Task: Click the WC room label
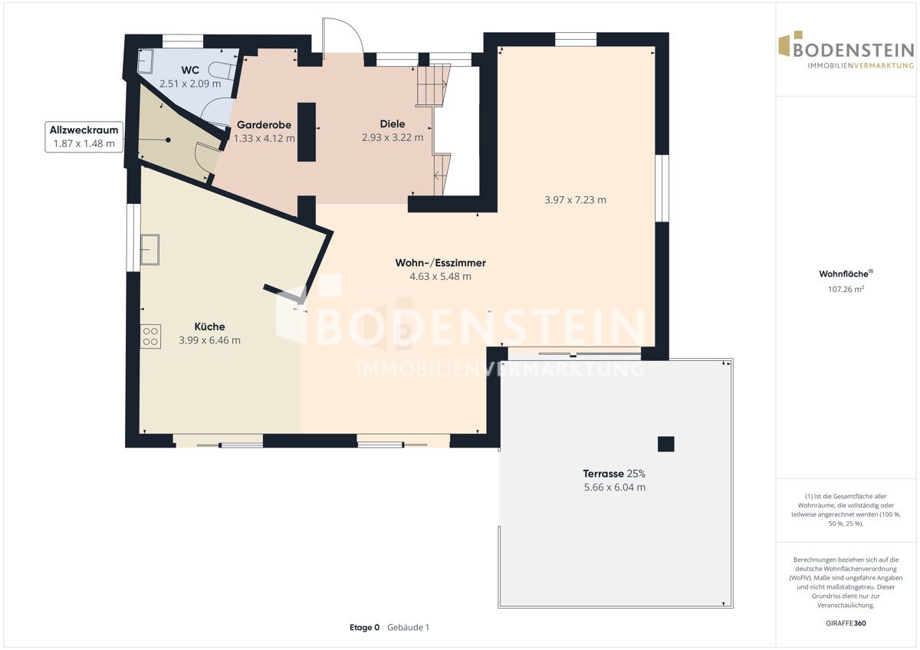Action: click(190, 71)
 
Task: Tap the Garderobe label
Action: click(264, 124)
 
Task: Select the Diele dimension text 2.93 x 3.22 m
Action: click(393, 137)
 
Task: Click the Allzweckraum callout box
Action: click(84, 136)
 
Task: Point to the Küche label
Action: click(209, 327)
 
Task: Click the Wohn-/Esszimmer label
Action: click(440, 263)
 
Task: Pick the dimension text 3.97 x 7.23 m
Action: click(575, 200)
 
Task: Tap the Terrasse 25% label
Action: click(614, 474)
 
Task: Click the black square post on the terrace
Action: click(665, 444)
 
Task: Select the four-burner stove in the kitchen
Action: click(150, 336)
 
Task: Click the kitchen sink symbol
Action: click(149, 249)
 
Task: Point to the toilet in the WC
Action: click(222, 71)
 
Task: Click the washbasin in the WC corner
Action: click(146, 61)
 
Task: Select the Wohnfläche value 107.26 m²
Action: click(846, 289)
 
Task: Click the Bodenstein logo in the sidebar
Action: click(846, 50)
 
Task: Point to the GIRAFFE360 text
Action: click(846, 623)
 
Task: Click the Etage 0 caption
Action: click(364, 627)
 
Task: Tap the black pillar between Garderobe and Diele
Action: click(307, 132)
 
